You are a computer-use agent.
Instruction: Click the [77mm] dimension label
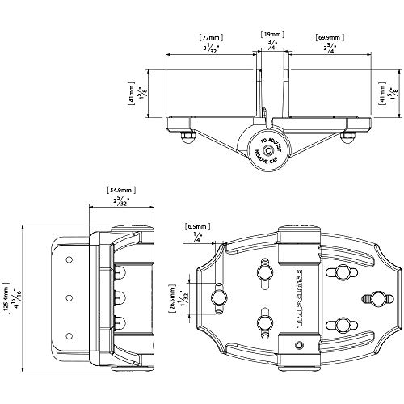click(212, 37)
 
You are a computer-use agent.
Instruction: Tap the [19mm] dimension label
click(270, 33)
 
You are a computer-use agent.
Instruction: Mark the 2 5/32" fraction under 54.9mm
click(119, 202)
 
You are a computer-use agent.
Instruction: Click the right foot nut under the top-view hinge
click(348, 140)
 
